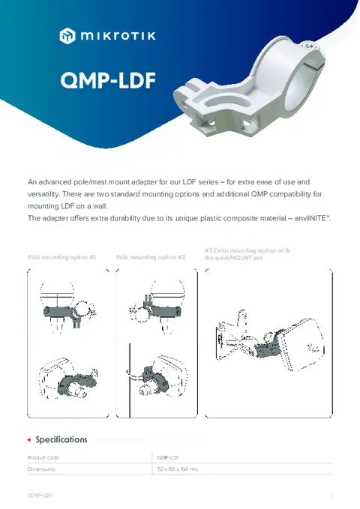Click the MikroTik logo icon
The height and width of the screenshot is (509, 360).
68,34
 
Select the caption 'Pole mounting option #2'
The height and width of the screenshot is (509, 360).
151,257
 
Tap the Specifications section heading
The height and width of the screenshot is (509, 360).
61,439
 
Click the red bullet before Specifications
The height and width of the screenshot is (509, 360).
28,440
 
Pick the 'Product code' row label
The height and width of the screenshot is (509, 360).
43,457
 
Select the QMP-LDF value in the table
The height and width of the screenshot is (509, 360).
168,457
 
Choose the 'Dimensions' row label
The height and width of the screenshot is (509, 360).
41,469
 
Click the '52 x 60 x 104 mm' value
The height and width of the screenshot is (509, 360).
177,469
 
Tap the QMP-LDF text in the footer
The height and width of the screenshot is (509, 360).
40,496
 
